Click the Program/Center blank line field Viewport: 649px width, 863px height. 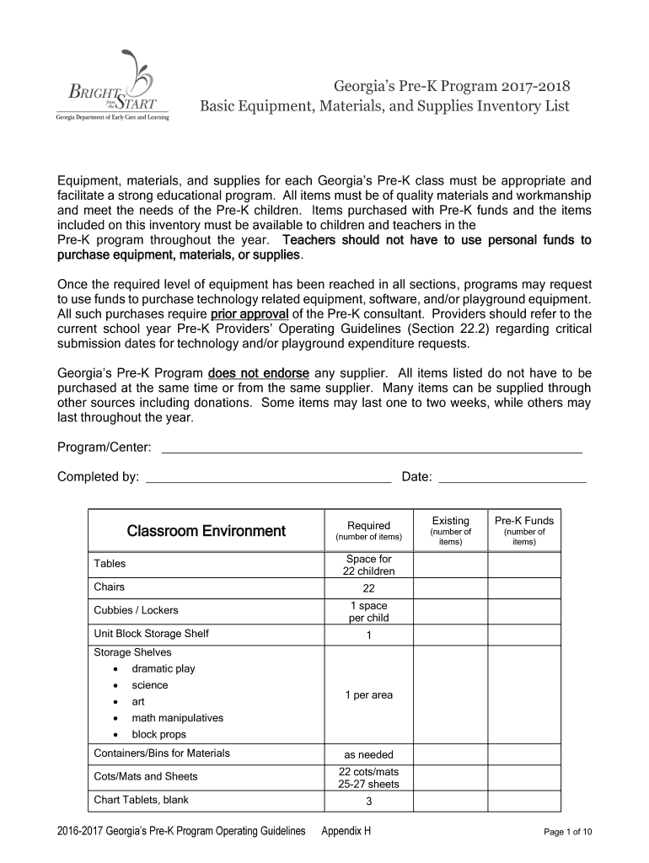tap(371, 448)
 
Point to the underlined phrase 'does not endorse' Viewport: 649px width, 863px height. tap(259, 373)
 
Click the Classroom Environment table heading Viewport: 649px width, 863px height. tap(206, 531)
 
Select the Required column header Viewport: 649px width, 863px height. tap(368, 531)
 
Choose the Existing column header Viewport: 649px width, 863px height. tap(450, 531)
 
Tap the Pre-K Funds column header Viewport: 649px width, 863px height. tap(523, 531)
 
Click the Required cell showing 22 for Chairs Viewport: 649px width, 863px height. tap(368, 588)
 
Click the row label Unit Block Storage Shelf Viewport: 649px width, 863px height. tap(152, 634)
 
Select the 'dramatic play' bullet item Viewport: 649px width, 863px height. tap(164, 668)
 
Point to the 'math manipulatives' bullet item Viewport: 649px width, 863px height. tap(178, 718)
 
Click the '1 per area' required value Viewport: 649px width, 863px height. tap(368, 694)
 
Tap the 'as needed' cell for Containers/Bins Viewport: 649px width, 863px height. tap(368, 754)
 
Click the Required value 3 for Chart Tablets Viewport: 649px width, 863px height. tap(368, 801)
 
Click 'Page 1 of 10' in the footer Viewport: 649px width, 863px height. tap(568, 833)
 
